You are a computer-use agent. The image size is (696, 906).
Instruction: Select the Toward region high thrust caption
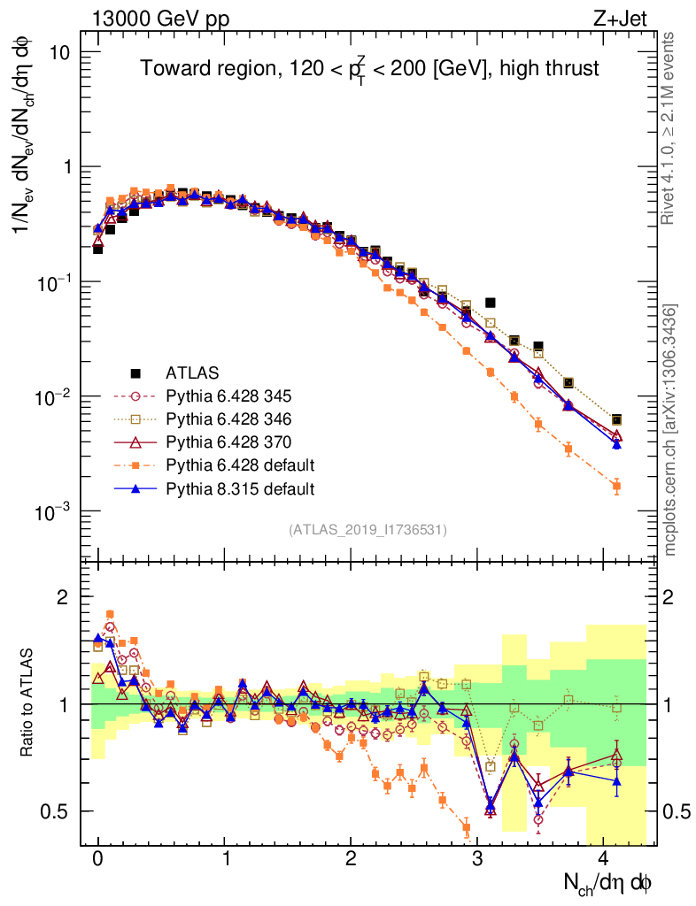point(370,68)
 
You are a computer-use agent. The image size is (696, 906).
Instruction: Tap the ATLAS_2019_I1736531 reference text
point(367,530)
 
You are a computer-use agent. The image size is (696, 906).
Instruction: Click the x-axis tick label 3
point(477,858)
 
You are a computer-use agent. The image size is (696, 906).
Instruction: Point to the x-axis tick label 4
point(604,858)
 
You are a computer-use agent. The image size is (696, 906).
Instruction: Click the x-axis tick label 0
point(97,858)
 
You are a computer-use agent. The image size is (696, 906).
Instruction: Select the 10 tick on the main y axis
point(60,52)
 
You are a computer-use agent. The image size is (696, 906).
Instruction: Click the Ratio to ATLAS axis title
point(30,703)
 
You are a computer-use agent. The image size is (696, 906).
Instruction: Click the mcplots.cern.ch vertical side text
point(672,429)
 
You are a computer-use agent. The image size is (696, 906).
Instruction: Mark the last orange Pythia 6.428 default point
point(616,486)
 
